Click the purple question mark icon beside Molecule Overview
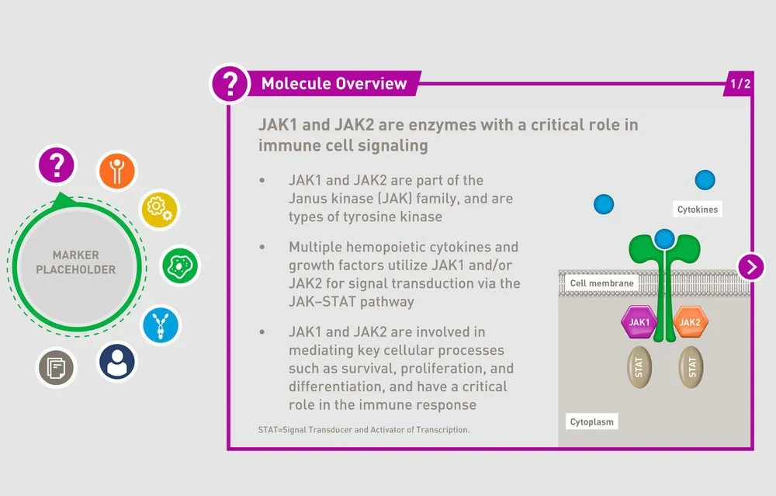[230, 82]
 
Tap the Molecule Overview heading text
[334, 84]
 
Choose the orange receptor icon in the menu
[117, 171]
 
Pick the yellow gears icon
[159, 210]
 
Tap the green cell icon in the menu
[180, 265]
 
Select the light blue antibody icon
[161, 324]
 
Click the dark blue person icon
[117, 362]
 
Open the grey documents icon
[57, 367]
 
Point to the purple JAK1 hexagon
[639, 322]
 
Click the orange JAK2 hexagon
[690, 322]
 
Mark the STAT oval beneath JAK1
[639, 367]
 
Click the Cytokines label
[698, 210]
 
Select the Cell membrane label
[601, 283]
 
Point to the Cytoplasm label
[592, 422]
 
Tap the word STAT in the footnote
[268, 429]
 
